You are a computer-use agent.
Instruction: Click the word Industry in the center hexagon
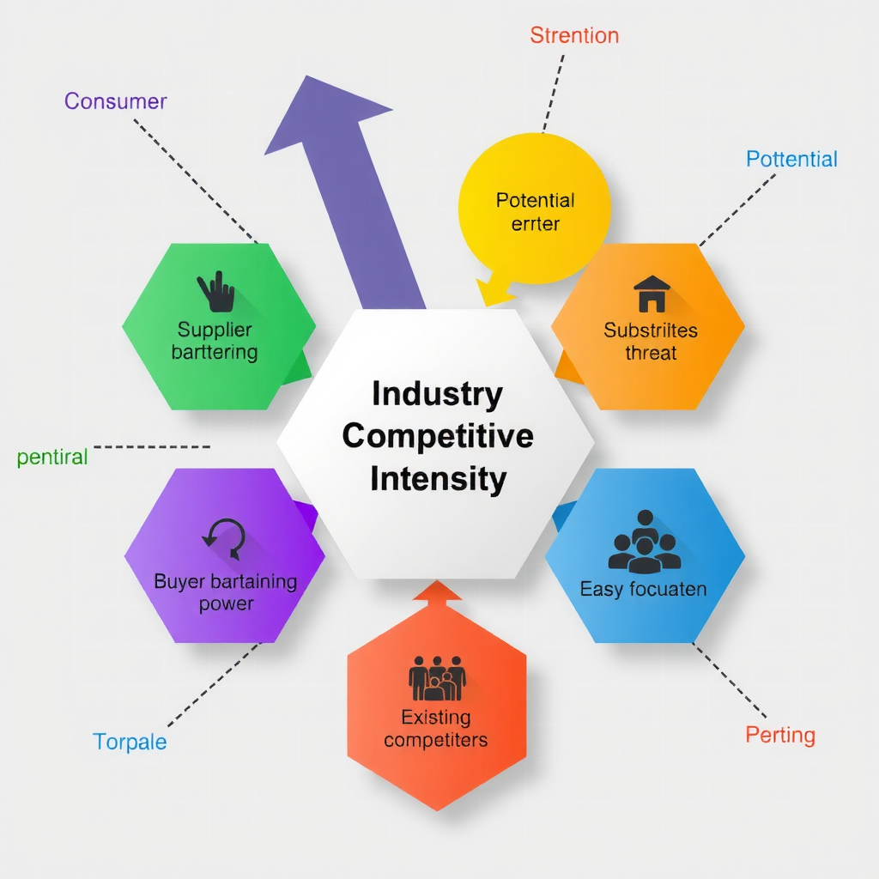tap(437, 394)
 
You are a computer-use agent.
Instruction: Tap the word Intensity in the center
tap(438, 478)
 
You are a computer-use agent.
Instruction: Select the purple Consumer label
tap(115, 101)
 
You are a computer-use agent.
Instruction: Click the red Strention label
tap(574, 35)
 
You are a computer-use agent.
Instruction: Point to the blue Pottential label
tap(791, 159)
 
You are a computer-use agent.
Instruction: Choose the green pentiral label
tap(52, 457)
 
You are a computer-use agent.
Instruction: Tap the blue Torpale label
tap(130, 742)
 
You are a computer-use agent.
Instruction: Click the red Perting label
tap(779, 735)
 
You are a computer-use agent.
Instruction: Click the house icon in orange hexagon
tap(652, 294)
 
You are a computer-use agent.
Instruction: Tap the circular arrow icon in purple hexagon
tap(224, 538)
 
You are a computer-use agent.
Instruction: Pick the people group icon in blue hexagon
tap(644, 543)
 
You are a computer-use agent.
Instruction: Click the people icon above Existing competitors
tap(437, 679)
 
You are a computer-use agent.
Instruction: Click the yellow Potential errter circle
tap(534, 211)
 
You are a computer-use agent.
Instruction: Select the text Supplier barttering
tap(215, 341)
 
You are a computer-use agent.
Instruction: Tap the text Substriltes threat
tap(651, 341)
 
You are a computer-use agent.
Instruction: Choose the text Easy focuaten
tap(643, 589)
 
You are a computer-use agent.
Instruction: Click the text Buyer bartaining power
tap(226, 592)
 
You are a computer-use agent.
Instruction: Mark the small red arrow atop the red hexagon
tap(437, 591)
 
